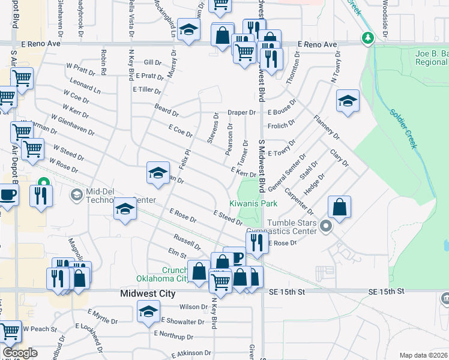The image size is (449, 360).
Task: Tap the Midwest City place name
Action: coord(148,294)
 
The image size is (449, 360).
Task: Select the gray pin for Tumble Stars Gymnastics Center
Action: coord(325,226)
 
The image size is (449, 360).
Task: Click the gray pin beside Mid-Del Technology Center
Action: coord(76,194)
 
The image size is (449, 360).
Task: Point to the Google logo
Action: coord(20,353)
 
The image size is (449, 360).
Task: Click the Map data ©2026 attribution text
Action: coord(423,355)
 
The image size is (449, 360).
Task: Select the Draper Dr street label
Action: coord(241,112)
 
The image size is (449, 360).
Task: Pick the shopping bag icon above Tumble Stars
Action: coord(339,206)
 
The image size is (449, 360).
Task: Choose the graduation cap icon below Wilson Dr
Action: coord(148,311)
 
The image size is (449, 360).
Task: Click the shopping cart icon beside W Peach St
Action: coord(10,330)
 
